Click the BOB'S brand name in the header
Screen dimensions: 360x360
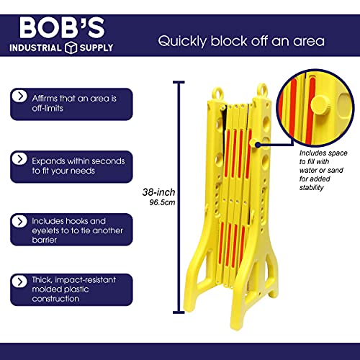pyautogui.click(x=62, y=28)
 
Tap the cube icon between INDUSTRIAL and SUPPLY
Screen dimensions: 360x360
pyautogui.click(x=71, y=48)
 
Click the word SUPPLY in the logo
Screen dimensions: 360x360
pyautogui.click(x=96, y=48)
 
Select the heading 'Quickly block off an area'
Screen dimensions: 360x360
pyautogui.click(x=241, y=41)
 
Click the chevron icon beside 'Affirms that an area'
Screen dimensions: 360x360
pyautogui.click(x=19, y=96)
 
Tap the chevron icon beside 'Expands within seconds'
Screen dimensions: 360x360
pyautogui.click(x=19, y=159)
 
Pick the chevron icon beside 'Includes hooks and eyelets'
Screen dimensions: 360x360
pyautogui.click(x=19, y=222)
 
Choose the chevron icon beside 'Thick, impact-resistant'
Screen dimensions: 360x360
pyautogui.click(x=19, y=282)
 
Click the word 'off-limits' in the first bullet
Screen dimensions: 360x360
pyautogui.click(x=48, y=108)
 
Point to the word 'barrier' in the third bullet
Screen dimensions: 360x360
pyautogui.click(x=45, y=240)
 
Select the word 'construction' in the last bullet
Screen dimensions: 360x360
pyautogui.click(x=55, y=299)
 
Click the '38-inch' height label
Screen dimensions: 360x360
pyautogui.click(x=158, y=192)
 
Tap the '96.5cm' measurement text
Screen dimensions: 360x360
pyautogui.click(x=162, y=202)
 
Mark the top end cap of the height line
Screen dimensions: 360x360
pyautogui.click(x=179, y=82)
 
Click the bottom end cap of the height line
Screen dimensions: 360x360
pyautogui.click(x=179, y=312)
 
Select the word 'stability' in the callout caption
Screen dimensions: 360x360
pyautogui.click(x=312, y=188)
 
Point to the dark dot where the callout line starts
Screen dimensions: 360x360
pyautogui.click(x=258, y=145)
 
